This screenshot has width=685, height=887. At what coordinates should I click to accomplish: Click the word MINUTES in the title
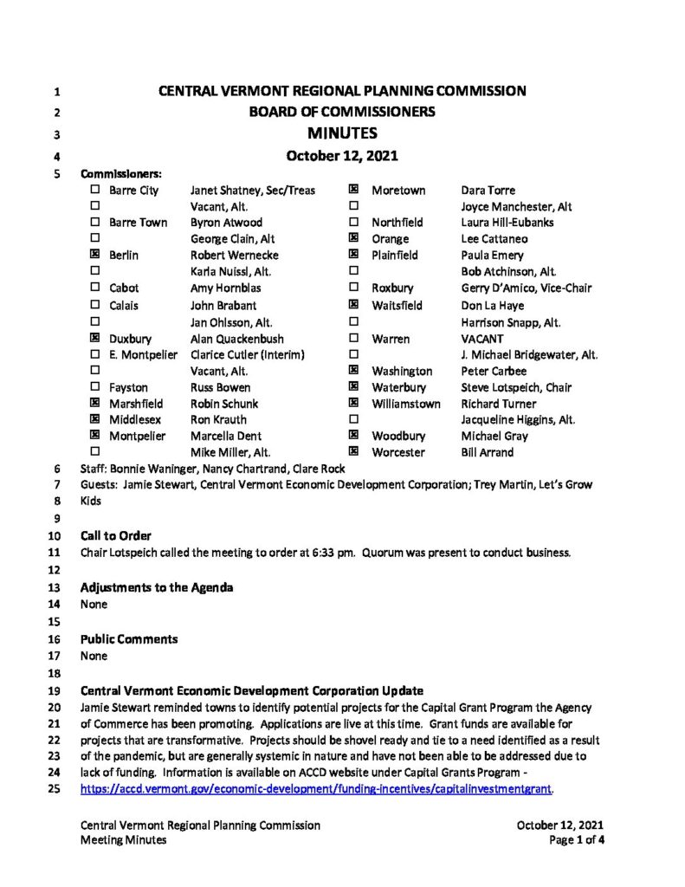[x=342, y=133]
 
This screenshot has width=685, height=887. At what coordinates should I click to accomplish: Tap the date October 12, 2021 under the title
[x=342, y=157]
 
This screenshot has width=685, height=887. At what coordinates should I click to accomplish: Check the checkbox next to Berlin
[x=94, y=256]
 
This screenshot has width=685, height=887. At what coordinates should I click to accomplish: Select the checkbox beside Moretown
[x=353, y=190]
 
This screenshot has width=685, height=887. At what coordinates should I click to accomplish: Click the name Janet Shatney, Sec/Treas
[x=253, y=190]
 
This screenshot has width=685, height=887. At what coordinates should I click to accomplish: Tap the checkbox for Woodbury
[x=353, y=436]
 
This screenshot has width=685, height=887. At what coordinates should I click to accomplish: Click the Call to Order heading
[x=116, y=535]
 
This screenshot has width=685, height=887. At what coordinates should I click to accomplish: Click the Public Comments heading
[x=129, y=638]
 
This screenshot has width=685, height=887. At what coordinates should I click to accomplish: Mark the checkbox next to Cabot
[x=94, y=288]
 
